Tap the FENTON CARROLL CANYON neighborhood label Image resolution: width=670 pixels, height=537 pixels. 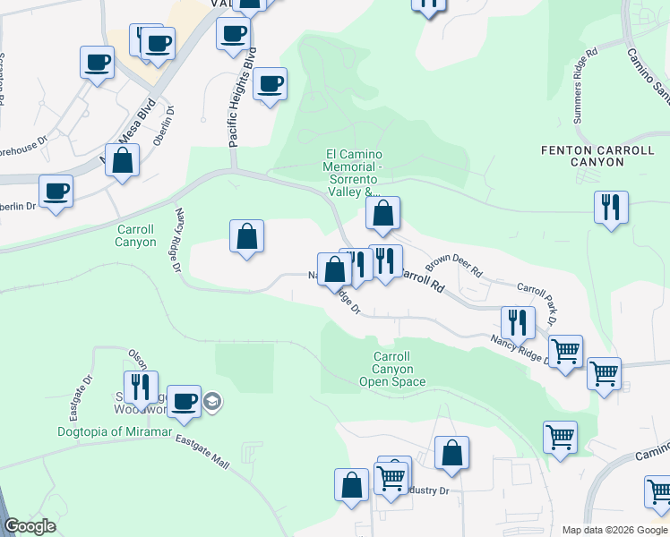click(x=582, y=156)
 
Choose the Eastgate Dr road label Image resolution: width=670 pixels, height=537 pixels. click(x=80, y=398)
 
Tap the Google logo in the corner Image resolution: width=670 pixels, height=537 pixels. click(x=30, y=526)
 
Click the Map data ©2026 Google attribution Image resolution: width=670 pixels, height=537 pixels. click(x=614, y=530)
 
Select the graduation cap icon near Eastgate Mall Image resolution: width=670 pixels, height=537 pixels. click(x=211, y=400)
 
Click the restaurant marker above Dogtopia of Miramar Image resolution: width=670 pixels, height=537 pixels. click(x=141, y=387)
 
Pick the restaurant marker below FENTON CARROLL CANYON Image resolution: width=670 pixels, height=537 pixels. click(x=611, y=208)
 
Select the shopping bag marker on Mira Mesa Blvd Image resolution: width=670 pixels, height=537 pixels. click(x=124, y=161)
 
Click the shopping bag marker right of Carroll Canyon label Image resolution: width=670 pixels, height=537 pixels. click(x=246, y=237)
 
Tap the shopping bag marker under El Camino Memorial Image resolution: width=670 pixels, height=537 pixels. click(x=382, y=214)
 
